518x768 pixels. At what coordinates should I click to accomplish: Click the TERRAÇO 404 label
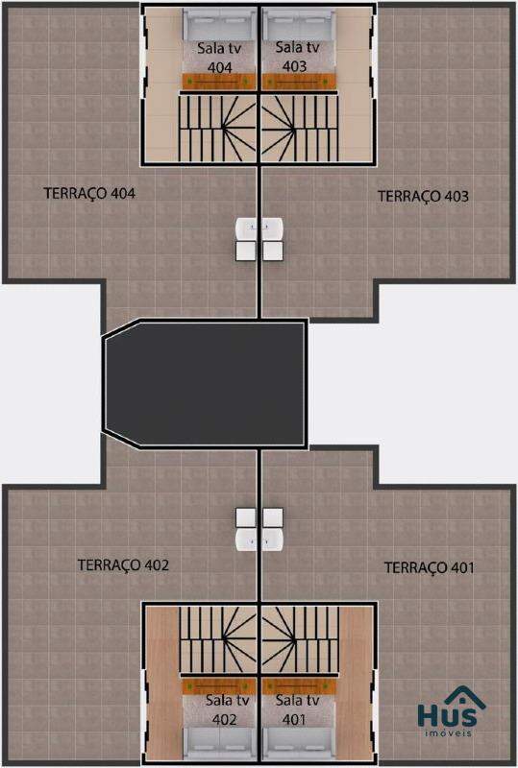pos(89,194)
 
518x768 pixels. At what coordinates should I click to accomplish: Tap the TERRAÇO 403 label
pos(423,197)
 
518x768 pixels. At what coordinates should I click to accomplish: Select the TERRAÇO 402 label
pos(123,565)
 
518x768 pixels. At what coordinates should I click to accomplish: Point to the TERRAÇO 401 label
pos(430,567)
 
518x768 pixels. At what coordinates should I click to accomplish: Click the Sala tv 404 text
pos(219,58)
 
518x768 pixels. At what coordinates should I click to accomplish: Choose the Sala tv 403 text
pos(296,57)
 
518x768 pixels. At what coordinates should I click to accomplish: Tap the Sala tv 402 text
pos(226,709)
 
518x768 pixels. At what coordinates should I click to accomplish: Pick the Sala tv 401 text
pos(296,709)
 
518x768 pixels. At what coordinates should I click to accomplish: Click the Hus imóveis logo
pos(448,710)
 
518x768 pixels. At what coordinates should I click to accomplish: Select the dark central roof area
pos(205,383)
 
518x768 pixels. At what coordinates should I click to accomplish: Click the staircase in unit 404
pos(218,128)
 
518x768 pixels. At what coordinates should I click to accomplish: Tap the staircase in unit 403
pos(300,128)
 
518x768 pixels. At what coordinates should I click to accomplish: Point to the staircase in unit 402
pos(218,640)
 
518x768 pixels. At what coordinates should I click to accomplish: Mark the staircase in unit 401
pos(300,640)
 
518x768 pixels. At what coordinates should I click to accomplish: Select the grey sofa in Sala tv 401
pos(299,743)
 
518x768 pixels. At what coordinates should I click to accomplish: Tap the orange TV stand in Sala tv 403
pos(299,82)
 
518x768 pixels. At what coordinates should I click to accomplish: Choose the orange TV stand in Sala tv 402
pos(219,686)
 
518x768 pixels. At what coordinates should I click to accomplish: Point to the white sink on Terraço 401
pos(273,540)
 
